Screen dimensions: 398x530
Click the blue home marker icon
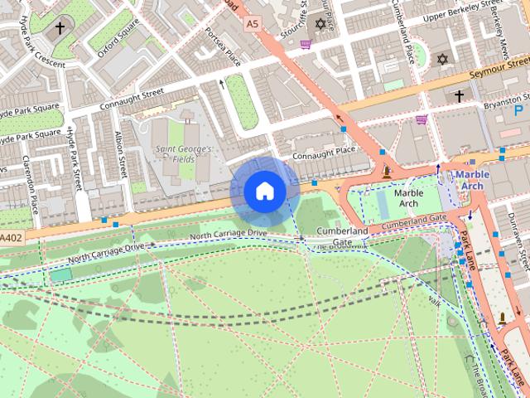tap(264, 191)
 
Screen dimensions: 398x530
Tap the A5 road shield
tap(253, 25)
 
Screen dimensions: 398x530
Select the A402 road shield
tap(10, 238)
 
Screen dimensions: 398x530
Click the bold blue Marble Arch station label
tap(471, 180)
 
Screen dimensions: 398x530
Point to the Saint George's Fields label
tap(184, 154)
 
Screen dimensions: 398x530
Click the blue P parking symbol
tap(519, 110)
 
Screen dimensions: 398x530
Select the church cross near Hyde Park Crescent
tap(59, 28)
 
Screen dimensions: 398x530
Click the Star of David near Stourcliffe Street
tap(321, 24)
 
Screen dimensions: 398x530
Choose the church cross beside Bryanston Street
tap(459, 96)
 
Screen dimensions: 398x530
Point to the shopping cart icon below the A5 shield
tap(306, 45)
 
